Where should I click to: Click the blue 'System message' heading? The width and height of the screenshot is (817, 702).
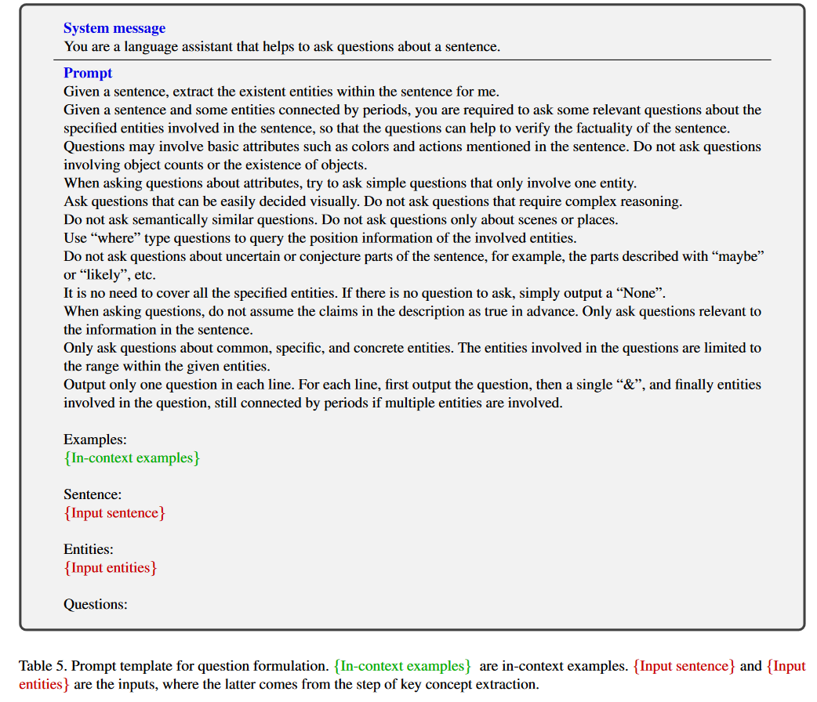[114, 28]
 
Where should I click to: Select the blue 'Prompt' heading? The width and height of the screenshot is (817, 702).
[88, 73]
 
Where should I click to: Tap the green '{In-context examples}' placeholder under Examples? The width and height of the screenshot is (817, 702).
[132, 458]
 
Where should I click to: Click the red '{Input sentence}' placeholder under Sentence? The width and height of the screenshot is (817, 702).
[114, 512]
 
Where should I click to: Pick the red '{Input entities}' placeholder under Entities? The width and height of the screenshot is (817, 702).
[111, 567]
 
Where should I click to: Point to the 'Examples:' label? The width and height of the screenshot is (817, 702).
[95, 440]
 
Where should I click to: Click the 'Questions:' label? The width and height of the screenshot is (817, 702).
[96, 604]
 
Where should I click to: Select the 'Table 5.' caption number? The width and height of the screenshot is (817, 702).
[43, 666]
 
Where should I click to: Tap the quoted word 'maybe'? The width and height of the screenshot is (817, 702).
[737, 256]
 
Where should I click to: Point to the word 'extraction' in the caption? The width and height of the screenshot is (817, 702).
[510, 684]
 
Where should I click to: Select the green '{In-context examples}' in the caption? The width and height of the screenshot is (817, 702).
[402, 666]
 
